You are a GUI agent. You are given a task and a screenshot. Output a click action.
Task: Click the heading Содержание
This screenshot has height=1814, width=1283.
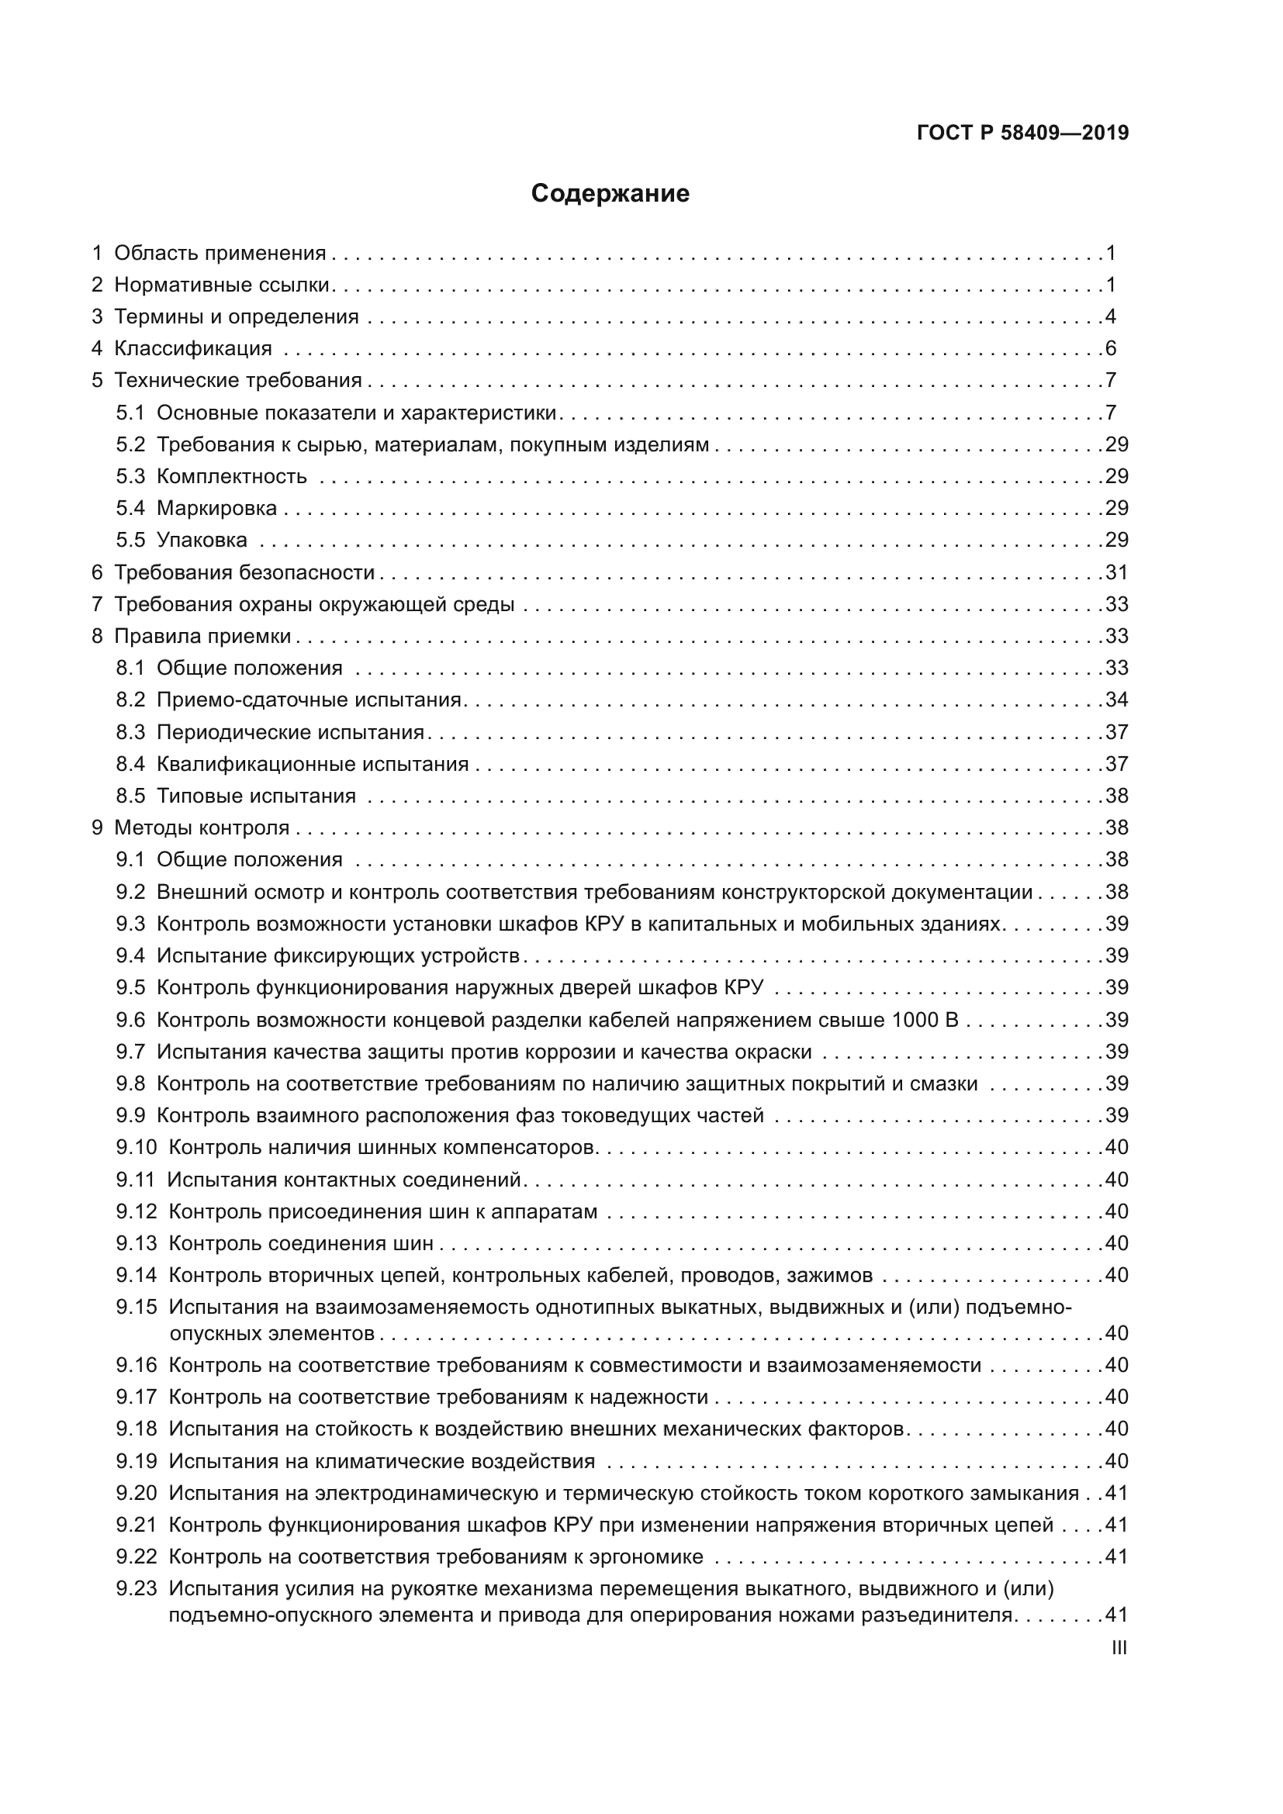pos(610,194)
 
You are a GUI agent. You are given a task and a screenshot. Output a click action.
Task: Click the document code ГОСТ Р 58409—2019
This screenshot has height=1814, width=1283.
pos(1022,133)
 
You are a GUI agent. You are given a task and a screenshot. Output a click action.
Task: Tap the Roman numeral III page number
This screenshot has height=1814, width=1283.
pos(1119,1648)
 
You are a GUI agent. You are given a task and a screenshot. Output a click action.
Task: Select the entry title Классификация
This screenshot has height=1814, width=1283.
pos(193,348)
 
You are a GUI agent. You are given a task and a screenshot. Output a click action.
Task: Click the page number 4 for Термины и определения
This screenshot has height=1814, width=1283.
pos(1111,317)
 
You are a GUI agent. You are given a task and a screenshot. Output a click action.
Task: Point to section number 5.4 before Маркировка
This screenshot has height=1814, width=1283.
pos(130,508)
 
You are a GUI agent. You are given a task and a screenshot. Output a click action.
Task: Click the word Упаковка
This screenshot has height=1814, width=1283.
pos(202,541)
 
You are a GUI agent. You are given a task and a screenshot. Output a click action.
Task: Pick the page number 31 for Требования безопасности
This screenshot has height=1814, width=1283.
pos(1116,572)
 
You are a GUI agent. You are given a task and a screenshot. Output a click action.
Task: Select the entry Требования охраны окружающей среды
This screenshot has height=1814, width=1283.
pos(313,604)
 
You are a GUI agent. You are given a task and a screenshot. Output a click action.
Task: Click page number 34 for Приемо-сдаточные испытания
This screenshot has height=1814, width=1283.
pos(1116,700)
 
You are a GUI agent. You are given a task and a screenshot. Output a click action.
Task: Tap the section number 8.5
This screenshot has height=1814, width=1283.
pos(130,796)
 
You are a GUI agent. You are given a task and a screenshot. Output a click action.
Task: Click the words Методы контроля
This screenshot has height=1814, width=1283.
pos(202,828)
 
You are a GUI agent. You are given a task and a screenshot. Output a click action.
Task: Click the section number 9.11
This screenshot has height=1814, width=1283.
pos(135,1180)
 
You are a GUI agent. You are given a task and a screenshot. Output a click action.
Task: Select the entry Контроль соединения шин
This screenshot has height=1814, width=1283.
pos(301,1243)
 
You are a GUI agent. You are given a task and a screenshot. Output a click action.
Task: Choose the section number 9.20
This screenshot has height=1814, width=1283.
pos(136,1492)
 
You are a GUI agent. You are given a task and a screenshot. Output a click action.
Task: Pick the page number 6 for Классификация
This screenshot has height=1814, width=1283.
pos(1111,348)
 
